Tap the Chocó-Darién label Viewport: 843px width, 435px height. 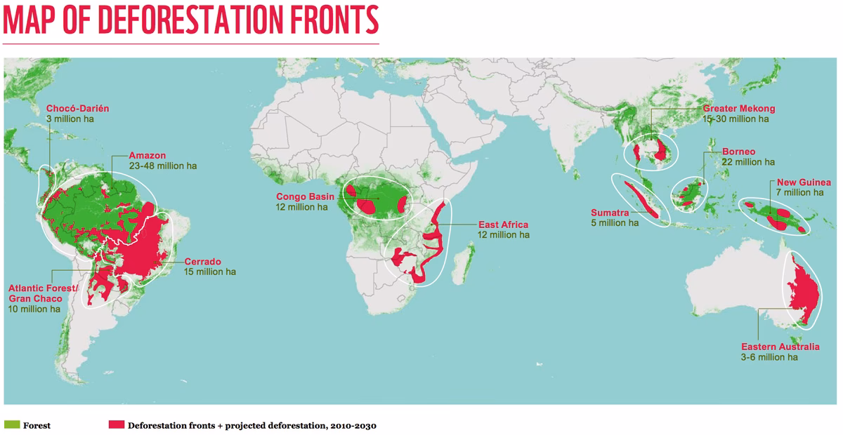pos(77,109)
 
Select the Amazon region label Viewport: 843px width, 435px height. pos(148,155)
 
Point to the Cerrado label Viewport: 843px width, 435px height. pos(202,261)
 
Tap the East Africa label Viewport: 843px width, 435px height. pos(503,224)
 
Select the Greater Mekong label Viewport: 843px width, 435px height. pos(739,109)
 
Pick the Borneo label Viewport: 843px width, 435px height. pos(738,151)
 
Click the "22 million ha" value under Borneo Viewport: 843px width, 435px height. pos(747,161)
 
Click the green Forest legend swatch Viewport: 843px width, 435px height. pos(12,424)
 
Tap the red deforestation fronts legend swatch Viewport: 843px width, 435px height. pos(117,424)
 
